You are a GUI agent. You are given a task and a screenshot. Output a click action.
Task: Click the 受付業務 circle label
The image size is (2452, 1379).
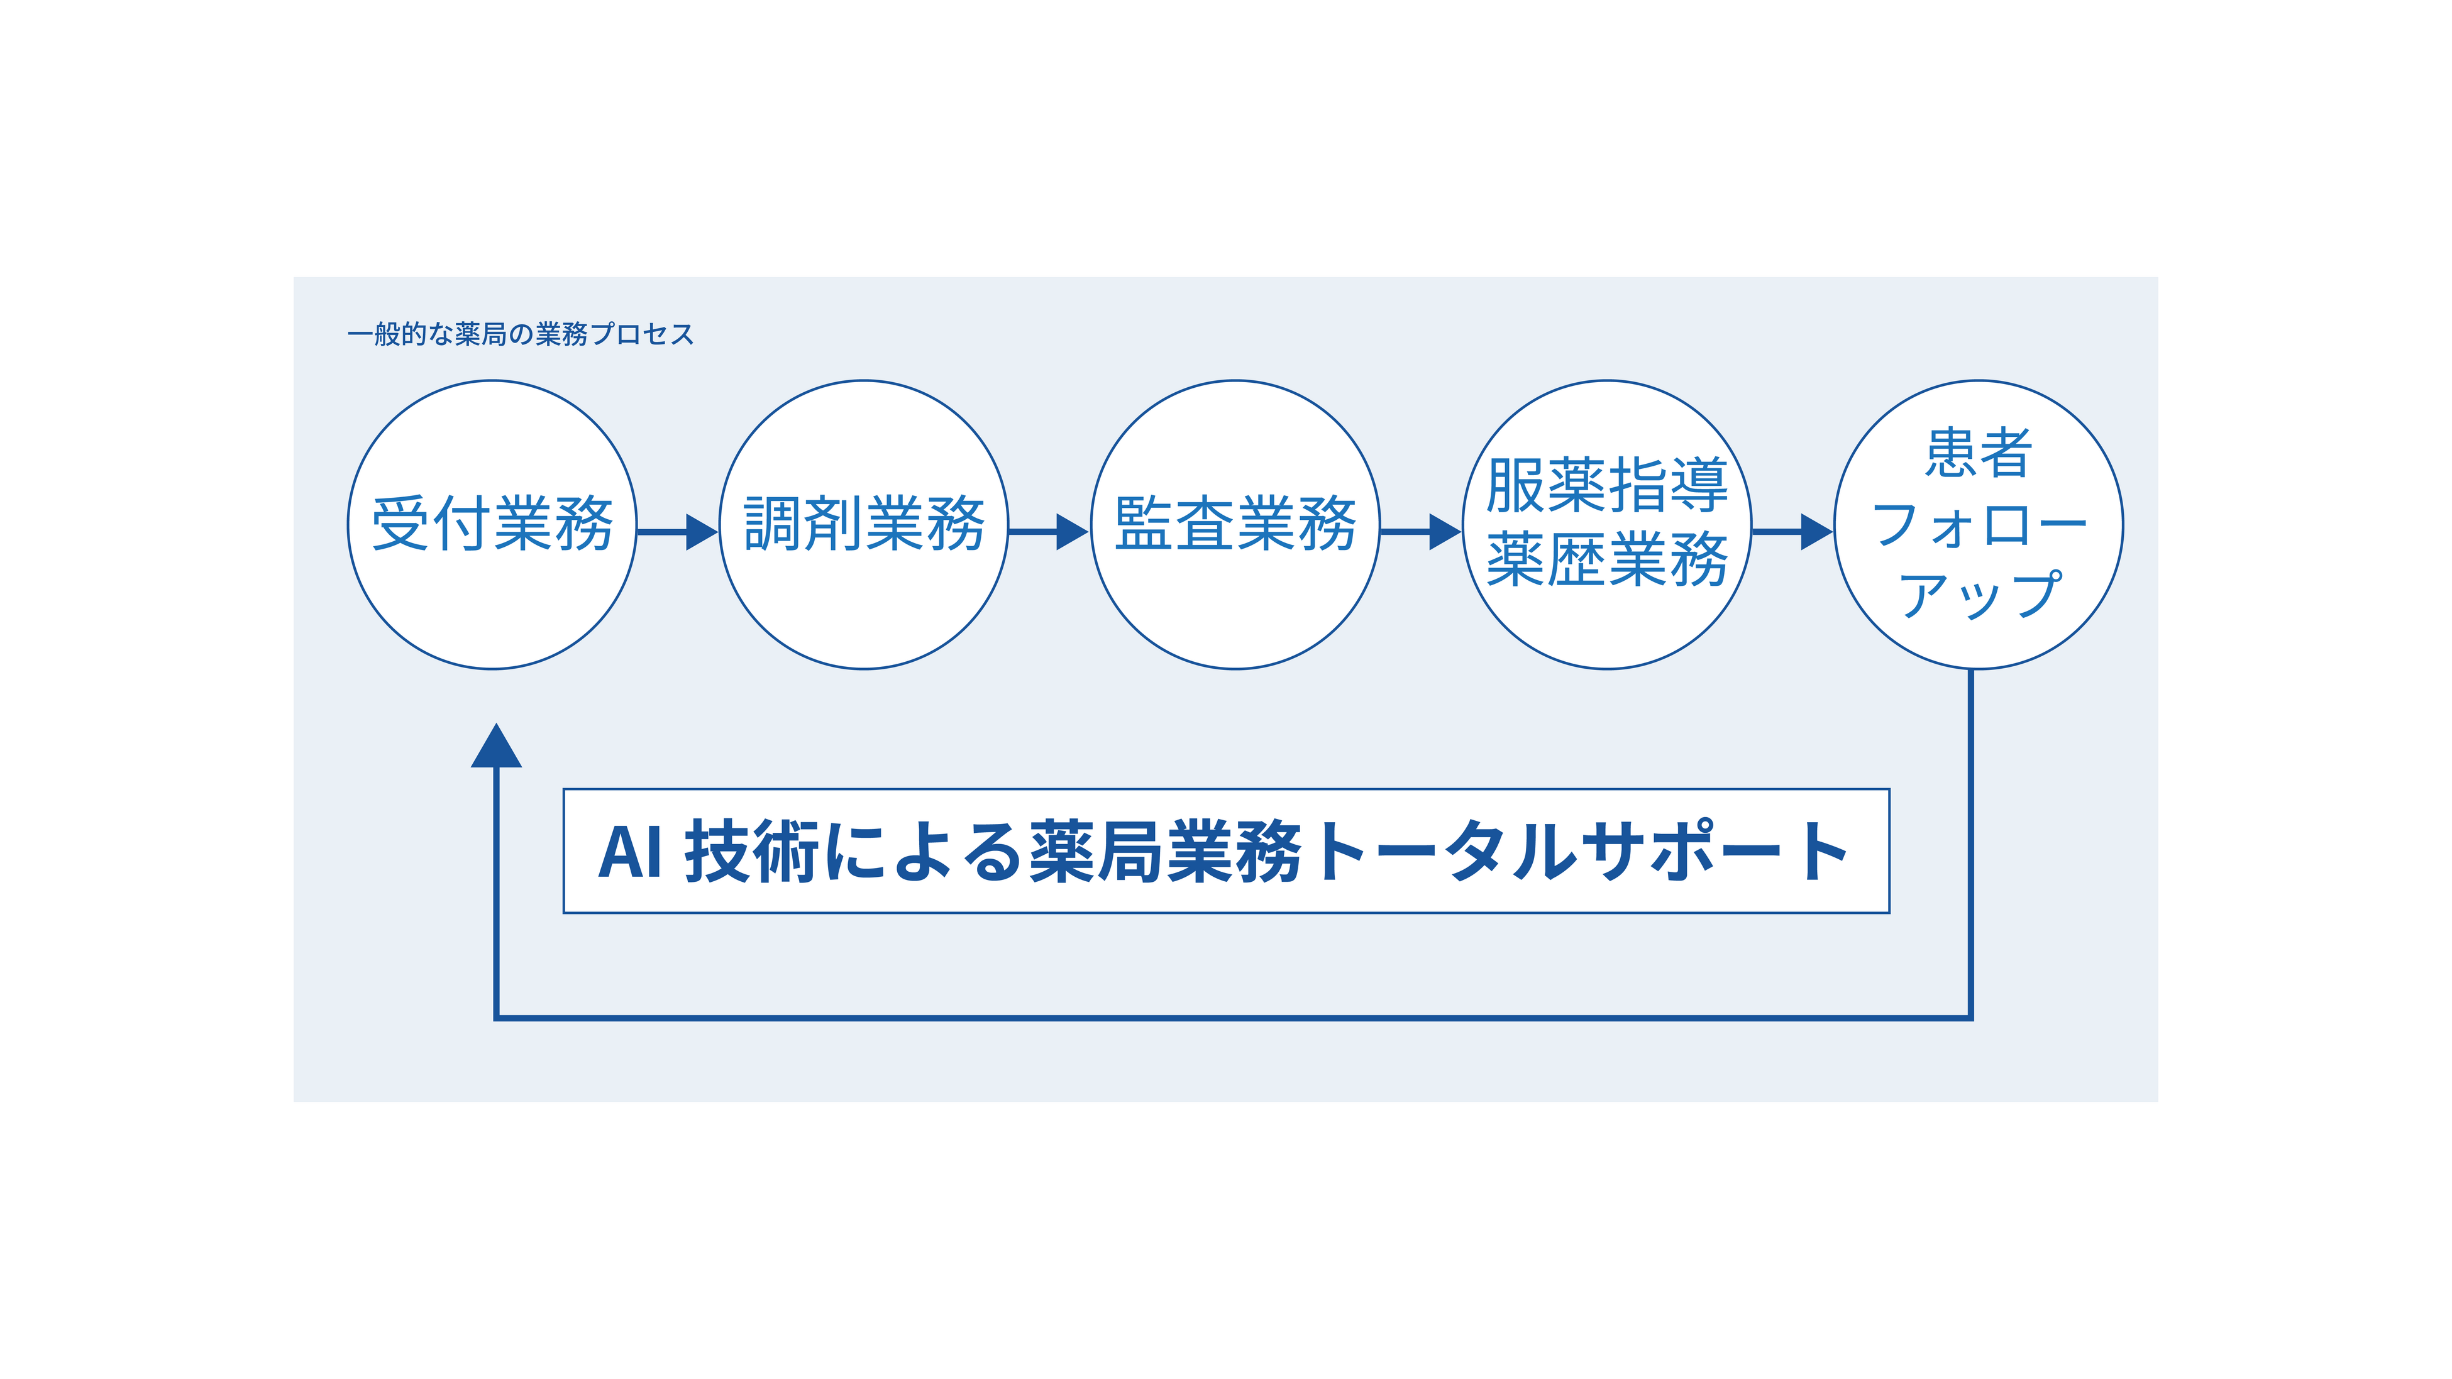pos(492,524)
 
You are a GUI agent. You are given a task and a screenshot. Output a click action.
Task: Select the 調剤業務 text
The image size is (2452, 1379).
pos(863,524)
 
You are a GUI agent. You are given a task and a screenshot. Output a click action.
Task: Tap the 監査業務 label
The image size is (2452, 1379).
pos(1235,524)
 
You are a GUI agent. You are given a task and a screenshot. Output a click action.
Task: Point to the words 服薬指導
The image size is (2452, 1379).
pos(1607,485)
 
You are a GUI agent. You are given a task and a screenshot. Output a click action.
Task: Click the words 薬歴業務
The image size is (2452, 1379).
pos(1607,561)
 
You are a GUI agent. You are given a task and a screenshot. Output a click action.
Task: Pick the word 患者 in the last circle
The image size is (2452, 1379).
pos(1978,453)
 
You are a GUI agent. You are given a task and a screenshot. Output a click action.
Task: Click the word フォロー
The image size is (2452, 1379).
pos(1978,524)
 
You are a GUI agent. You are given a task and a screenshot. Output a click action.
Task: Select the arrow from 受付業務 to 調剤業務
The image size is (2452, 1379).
pos(677,532)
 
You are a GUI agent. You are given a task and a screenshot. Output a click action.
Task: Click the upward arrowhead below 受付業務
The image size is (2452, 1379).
pos(496,747)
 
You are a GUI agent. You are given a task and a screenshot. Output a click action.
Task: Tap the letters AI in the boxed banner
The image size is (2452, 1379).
pos(629,852)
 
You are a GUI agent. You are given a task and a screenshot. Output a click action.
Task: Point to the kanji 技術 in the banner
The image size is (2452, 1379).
pos(751,852)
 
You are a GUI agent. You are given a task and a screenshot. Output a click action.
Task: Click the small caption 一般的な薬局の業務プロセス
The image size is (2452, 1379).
pos(520,334)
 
